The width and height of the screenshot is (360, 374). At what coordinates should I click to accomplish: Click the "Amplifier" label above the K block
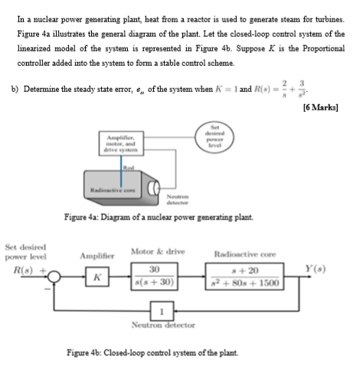[96, 255]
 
